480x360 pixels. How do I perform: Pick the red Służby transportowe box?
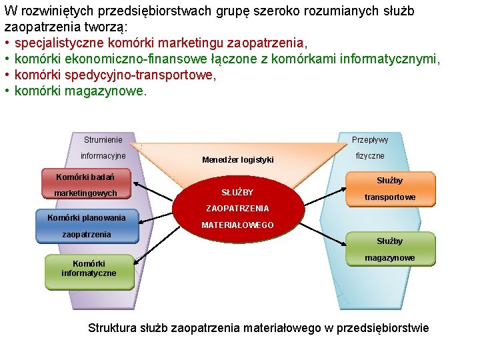click(x=390, y=189)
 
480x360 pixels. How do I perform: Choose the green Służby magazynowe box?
click(x=390, y=249)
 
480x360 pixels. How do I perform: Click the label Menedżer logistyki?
click(x=237, y=160)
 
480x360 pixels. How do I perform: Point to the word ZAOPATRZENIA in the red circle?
click(x=237, y=209)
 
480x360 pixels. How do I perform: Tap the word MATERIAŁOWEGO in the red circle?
click(x=237, y=225)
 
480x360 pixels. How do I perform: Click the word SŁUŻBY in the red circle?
click(x=237, y=193)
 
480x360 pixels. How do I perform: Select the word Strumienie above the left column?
click(x=103, y=140)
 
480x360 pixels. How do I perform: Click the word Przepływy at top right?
click(x=370, y=140)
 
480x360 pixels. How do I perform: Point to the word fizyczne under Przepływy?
click(x=370, y=156)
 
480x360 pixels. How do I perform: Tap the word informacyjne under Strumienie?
click(x=103, y=156)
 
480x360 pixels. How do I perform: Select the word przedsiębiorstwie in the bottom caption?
click(x=381, y=328)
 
